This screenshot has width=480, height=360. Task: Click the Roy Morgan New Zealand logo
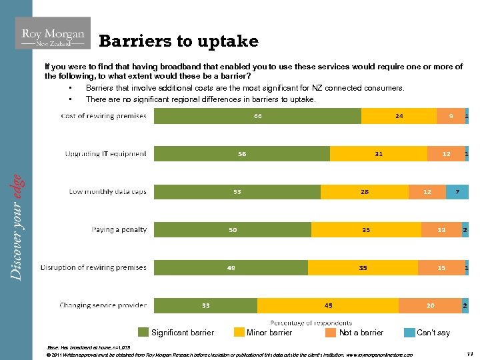(x=53, y=34)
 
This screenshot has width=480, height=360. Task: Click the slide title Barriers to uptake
(x=178, y=41)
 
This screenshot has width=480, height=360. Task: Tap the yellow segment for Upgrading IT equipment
(x=378, y=154)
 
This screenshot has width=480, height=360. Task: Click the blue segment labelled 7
(x=457, y=192)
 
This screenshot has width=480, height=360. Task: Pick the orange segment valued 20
(x=430, y=305)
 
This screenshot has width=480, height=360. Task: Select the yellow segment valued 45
(x=328, y=305)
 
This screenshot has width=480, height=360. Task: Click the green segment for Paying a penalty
(x=233, y=230)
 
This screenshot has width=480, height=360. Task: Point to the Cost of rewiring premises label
(x=103, y=116)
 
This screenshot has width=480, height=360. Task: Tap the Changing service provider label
(x=103, y=305)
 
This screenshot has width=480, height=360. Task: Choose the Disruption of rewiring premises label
(x=93, y=267)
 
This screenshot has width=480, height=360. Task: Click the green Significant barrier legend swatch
(x=143, y=332)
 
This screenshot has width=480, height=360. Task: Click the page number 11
(x=468, y=354)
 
